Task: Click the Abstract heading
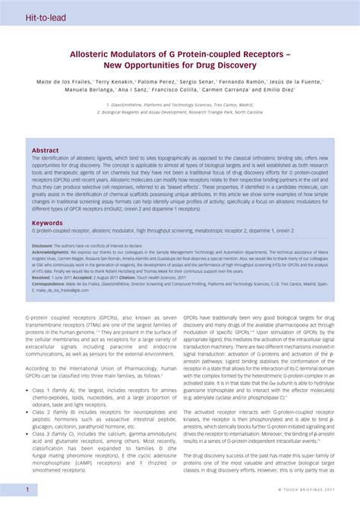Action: (45, 150)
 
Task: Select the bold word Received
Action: (41, 278)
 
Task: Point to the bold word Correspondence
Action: (47, 284)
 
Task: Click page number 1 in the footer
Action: (27, 490)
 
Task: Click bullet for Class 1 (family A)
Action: (27, 389)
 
